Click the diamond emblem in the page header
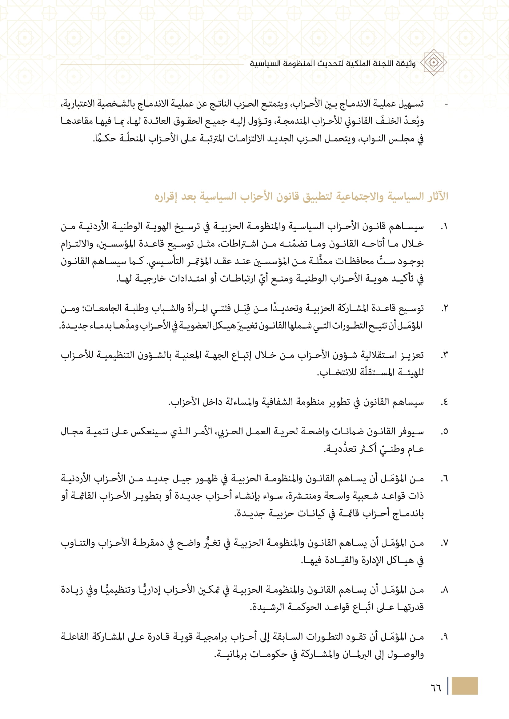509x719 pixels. [434, 62]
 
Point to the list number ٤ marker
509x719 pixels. [444, 402]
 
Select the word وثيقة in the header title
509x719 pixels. [406, 64]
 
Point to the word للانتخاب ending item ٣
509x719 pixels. [336, 373]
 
